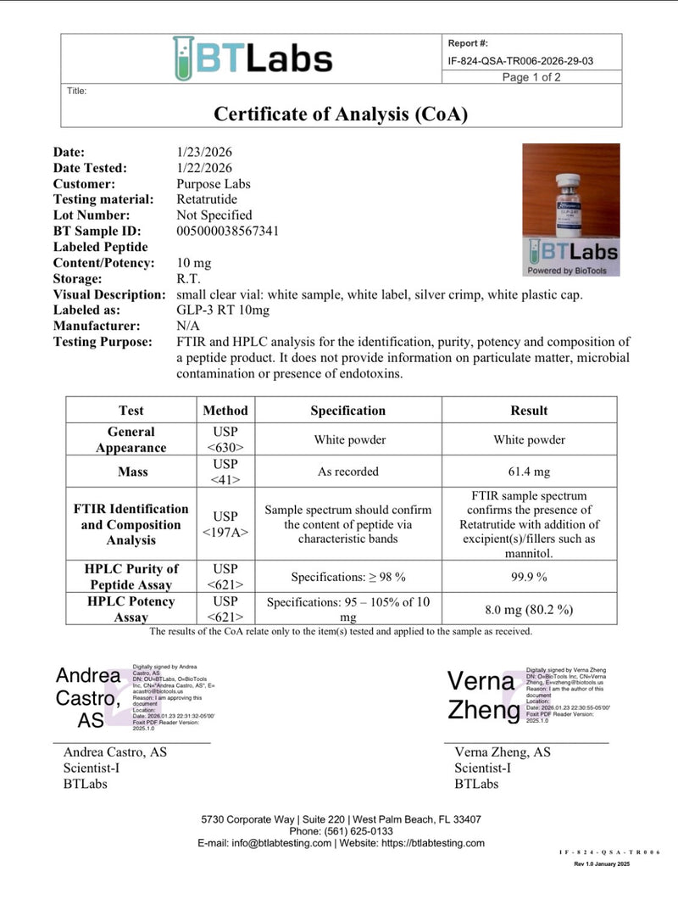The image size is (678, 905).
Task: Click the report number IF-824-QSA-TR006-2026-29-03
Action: (x=520, y=60)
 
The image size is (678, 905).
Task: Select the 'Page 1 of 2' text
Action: (x=531, y=77)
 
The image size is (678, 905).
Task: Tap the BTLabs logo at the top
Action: (x=253, y=58)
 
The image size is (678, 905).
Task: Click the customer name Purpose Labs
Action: (x=214, y=183)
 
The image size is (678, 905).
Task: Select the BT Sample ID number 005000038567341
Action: (x=228, y=231)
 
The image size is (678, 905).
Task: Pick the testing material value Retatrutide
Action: (x=208, y=199)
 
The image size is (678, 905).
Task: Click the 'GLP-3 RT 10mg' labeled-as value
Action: (x=223, y=310)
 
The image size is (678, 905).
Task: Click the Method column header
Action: (x=225, y=411)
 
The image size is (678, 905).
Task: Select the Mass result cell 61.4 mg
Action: (x=529, y=472)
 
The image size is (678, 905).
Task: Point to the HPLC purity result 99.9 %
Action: (x=529, y=577)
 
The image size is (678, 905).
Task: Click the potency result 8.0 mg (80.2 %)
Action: (x=529, y=609)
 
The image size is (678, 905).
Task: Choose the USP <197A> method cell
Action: (x=225, y=524)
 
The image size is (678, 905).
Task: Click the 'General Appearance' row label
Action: (x=131, y=439)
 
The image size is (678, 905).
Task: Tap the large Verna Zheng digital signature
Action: (x=482, y=695)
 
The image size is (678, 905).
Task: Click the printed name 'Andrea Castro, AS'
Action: (x=115, y=752)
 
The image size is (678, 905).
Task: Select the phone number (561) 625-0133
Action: (x=341, y=831)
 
